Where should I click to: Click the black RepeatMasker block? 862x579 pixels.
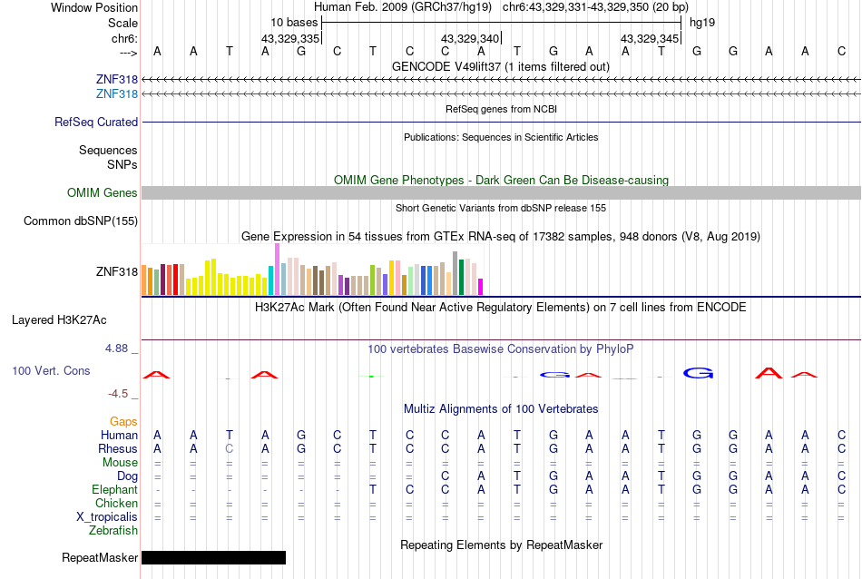pos(213,557)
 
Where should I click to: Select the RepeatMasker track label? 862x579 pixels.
pos(100,557)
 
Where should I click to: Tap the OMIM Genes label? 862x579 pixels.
pos(103,192)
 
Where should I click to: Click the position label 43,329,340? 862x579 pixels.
pos(470,39)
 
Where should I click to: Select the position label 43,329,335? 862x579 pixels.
pos(290,39)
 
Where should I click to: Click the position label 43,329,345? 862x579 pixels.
pos(650,39)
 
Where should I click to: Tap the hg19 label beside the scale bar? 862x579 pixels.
pos(703,22)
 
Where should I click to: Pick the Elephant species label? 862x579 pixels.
pos(115,489)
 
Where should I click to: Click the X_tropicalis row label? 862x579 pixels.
pos(107,516)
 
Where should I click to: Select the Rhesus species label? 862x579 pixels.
pos(118,448)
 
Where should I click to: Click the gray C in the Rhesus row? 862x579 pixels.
pos(230,448)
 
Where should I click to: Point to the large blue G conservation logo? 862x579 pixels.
pos(699,372)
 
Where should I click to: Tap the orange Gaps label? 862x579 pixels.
pos(123,421)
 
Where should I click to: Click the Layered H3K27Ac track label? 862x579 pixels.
pos(59,319)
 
